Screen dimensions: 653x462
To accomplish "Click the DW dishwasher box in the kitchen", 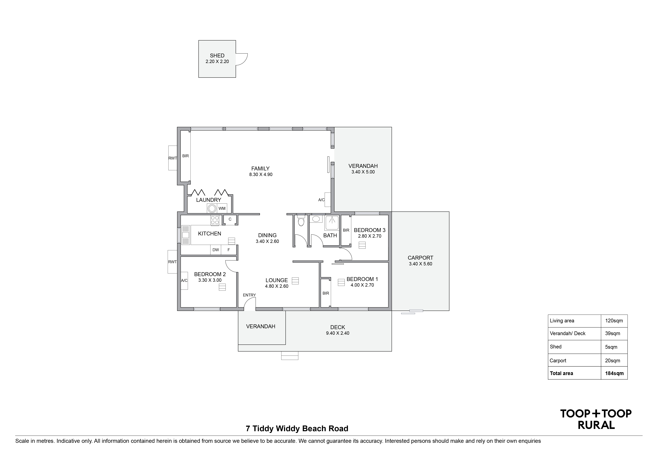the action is tap(216, 250).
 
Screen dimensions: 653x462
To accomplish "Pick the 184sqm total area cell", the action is tap(614, 373).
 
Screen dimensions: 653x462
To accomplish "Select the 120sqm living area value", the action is tap(614, 321).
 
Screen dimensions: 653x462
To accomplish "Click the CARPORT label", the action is tap(420, 258).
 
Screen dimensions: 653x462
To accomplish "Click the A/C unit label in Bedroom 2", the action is tap(184, 281).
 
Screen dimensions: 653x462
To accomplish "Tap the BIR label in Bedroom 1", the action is tap(326, 293).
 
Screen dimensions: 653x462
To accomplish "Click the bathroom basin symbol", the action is tap(315, 219).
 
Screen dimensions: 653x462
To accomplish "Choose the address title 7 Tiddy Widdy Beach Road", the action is tap(297, 428).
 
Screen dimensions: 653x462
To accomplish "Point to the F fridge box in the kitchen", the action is tap(229, 250).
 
